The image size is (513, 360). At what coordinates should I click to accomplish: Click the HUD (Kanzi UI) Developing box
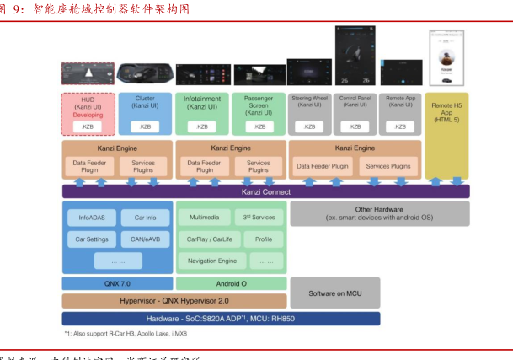pos(88,113)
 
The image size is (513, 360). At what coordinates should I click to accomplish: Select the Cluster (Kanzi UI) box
pos(145,113)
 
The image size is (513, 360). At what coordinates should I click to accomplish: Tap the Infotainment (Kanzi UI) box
pos(202,113)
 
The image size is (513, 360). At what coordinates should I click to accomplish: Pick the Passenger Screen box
pos(259,113)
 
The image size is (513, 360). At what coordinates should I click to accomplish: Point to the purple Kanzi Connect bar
pos(265,191)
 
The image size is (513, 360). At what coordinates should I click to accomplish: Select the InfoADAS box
pos(91,218)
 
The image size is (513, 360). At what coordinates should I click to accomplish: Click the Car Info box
pos(145,218)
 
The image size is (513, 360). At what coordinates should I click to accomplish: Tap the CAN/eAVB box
pos(145,239)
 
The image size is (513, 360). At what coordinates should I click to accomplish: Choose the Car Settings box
pos(91,239)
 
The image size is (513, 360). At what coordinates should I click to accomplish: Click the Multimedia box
pos(205,218)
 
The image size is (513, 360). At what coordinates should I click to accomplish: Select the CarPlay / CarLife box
pos(205,239)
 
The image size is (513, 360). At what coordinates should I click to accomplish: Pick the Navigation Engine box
pos(212,261)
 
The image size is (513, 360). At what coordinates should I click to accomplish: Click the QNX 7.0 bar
pos(116,283)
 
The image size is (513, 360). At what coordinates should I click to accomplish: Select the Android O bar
pos(230,283)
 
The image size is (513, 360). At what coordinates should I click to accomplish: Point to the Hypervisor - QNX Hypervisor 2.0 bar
pos(174,300)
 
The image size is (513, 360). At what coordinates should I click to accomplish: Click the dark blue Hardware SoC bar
pos(221,319)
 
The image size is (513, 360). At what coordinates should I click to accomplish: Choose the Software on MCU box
pos(334,292)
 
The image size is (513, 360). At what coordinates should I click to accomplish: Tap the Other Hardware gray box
pos(379,213)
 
